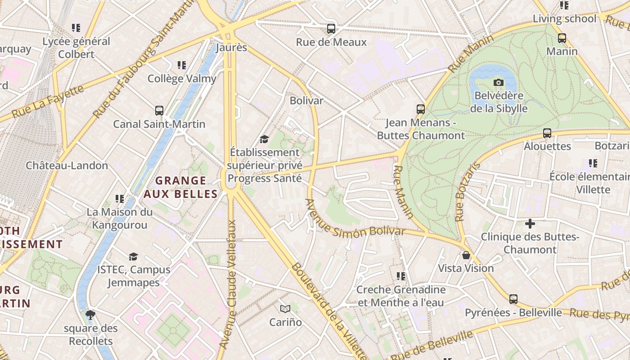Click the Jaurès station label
tap(231, 47)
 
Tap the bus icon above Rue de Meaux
tap(331, 29)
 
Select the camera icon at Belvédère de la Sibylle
tap(498, 82)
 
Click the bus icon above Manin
tap(562, 38)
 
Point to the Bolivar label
tap(306, 100)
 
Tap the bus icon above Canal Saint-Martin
tap(159, 111)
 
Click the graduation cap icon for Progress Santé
tap(264, 139)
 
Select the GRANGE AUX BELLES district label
tap(180, 187)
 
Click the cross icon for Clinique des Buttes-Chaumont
tap(530, 223)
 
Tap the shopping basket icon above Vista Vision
tap(466, 255)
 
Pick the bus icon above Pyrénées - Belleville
tap(513, 299)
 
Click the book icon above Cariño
tap(285, 309)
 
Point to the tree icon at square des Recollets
tap(90, 315)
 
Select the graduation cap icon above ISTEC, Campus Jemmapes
tap(133, 256)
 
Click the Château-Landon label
tap(67, 165)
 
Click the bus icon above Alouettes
tap(547, 133)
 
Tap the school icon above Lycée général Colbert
tap(76, 28)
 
